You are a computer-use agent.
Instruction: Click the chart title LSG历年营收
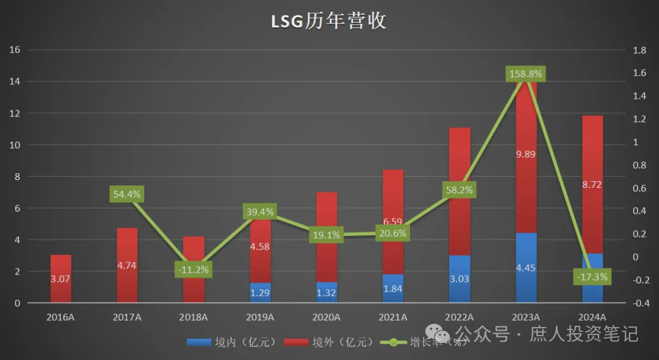pos(329,21)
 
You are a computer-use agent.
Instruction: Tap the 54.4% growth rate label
pos(126,195)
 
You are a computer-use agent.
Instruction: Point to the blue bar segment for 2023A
pos(526,268)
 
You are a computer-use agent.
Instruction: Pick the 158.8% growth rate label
pos(525,74)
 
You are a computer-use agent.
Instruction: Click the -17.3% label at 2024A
pos(592,277)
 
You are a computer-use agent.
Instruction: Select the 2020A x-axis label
pos(326,317)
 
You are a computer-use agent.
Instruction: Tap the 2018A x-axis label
pos(194,317)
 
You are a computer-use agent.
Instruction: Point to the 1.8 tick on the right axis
pos(639,50)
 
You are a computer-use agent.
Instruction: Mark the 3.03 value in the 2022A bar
pos(459,279)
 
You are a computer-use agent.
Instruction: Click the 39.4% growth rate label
pos(259,212)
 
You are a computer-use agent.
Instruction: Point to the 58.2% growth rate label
pos(459,190)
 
